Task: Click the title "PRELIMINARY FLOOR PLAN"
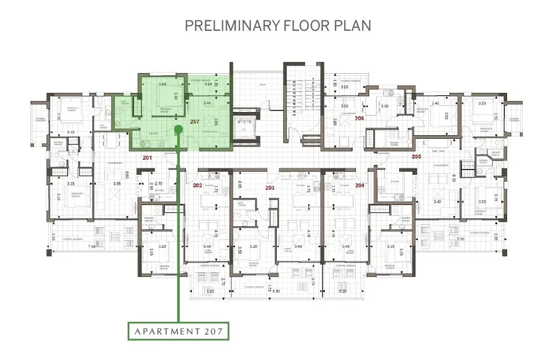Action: (x=278, y=26)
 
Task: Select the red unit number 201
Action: (x=147, y=158)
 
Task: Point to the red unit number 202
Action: (x=197, y=185)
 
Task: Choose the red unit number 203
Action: (x=269, y=188)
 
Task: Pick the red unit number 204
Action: (x=360, y=185)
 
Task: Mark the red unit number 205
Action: (x=416, y=156)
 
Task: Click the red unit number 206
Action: (x=360, y=118)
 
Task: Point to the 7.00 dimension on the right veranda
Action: (x=461, y=239)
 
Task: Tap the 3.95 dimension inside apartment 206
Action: (x=335, y=122)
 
